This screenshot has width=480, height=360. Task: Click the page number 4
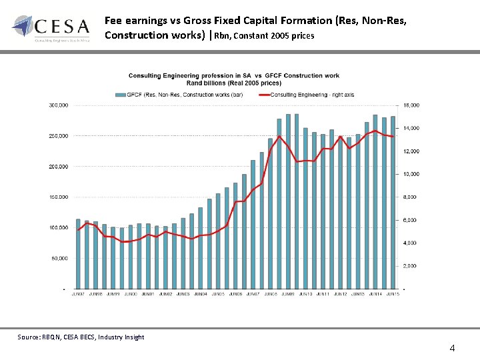click(453, 348)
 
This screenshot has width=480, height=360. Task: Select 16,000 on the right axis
click(411, 105)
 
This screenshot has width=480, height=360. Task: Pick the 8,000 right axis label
click(410, 197)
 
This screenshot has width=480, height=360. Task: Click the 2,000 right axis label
click(410, 266)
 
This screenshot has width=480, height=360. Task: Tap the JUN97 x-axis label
click(78, 294)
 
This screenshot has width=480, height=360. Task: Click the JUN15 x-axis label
click(393, 294)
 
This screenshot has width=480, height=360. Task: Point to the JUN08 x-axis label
click(270, 294)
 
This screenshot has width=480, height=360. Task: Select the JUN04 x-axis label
click(200, 294)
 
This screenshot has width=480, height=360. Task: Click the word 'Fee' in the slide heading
click(113, 21)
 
